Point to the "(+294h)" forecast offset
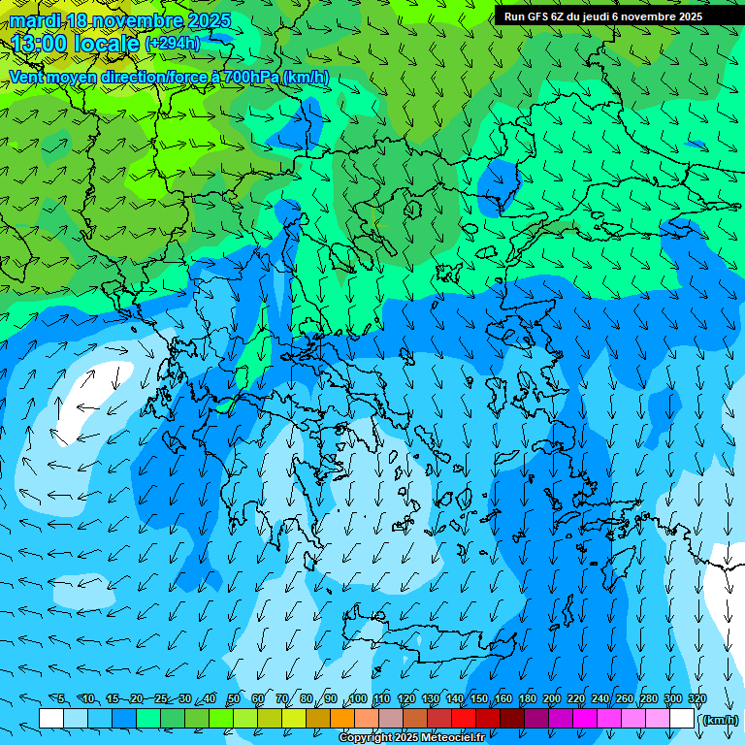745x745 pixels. pos(173,43)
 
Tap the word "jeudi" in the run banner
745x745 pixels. pos(607,16)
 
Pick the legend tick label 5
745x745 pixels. pos(61,699)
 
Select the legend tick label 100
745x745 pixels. pos(358,699)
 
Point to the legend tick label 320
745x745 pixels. pos(697,699)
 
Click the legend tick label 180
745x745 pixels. pos(528,699)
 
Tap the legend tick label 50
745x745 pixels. pos(234,699)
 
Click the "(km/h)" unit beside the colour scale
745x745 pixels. pos(720,720)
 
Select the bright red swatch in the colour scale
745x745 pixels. pos(464,718)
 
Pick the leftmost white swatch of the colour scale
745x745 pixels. pos(51,718)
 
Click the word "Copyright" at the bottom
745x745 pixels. pos(365,738)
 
